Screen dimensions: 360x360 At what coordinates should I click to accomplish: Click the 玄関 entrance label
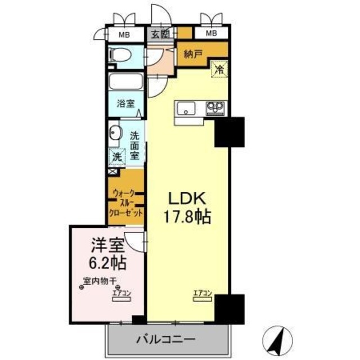tap(160, 34)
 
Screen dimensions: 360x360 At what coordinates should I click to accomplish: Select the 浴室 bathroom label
tap(125, 103)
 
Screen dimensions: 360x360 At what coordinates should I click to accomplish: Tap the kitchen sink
tap(185, 107)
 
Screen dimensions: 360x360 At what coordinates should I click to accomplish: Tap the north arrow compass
tap(277, 340)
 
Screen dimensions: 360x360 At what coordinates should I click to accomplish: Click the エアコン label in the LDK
tap(202, 292)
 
